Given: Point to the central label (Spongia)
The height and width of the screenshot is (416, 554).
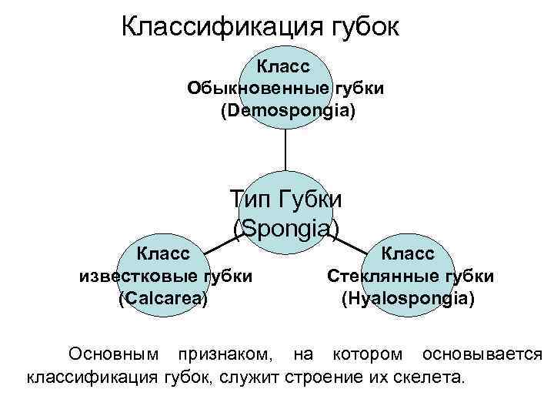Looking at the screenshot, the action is (x=285, y=228).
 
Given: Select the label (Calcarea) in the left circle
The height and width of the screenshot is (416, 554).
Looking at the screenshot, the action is (x=163, y=299).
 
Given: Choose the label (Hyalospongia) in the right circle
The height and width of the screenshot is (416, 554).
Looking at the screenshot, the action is (x=408, y=299).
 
